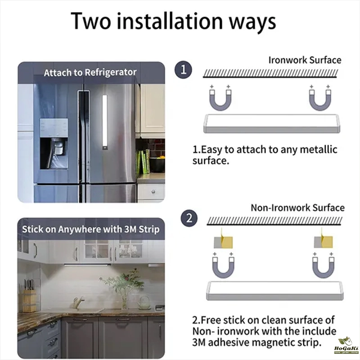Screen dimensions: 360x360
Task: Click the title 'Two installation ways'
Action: pyautogui.click(x=173, y=21)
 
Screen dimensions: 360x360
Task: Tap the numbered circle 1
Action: pyautogui.click(x=183, y=70)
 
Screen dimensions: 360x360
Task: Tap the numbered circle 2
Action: pyautogui.click(x=189, y=218)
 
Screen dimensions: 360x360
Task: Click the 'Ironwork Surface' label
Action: pyautogui.click(x=305, y=60)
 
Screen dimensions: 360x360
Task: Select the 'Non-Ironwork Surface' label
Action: pyautogui.click(x=297, y=208)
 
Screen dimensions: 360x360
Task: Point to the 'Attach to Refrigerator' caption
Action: pyautogui.click(x=90, y=72)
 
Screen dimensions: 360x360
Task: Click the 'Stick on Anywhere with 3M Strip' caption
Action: pyautogui.click(x=91, y=229)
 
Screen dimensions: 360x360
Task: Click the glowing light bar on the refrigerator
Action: pyautogui.click(x=105, y=122)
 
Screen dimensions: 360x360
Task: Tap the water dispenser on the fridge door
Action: pyautogui.click(x=54, y=144)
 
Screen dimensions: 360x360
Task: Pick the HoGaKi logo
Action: pyautogui.click(x=346, y=345)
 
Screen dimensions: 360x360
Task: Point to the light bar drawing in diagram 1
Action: pyautogui.click(x=272, y=124)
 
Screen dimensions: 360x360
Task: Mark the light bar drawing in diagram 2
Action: pyautogui.click(x=275, y=291)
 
